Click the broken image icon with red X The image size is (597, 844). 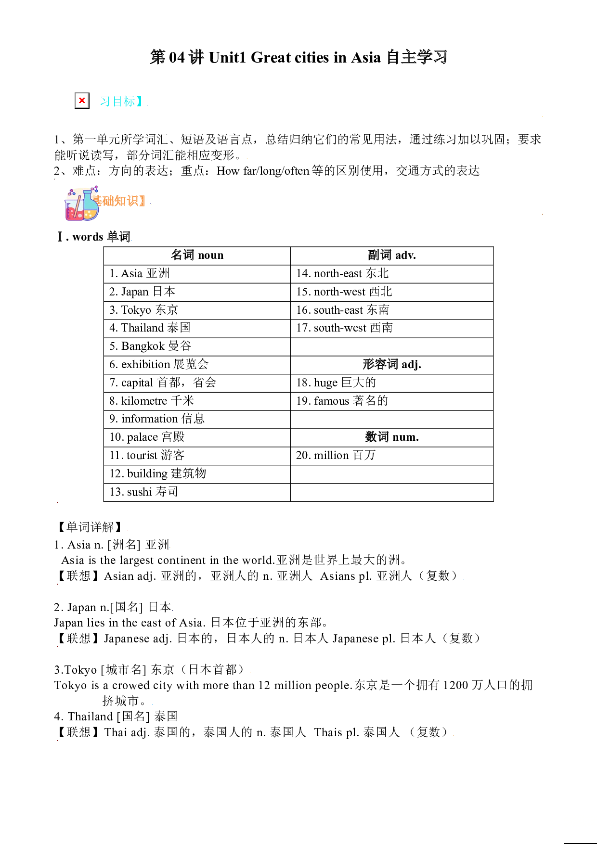[x=82, y=101]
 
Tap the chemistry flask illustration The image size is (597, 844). [x=82, y=204]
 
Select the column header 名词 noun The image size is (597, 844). [x=197, y=256]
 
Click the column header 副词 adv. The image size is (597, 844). [x=392, y=256]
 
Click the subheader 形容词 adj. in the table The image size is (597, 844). [x=392, y=365]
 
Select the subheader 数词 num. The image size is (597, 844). [x=392, y=437]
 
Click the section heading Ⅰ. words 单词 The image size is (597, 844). [x=94, y=237]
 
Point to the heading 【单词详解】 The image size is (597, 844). [x=90, y=527]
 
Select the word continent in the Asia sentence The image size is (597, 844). [x=182, y=560]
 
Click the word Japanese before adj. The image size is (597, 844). [x=127, y=639]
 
